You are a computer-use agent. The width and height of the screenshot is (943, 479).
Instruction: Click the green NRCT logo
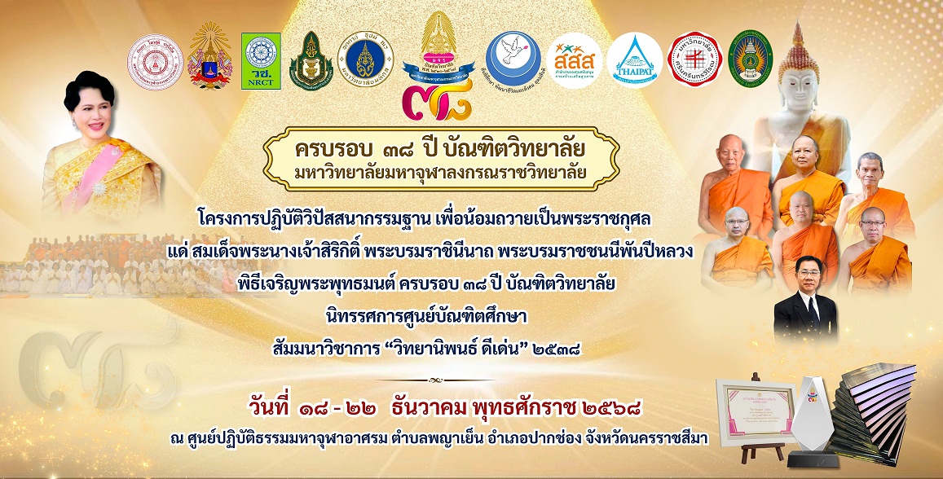click(261, 61)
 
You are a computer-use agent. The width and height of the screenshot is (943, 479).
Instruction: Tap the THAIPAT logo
click(635, 60)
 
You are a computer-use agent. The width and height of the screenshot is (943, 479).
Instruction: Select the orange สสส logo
click(575, 59)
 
